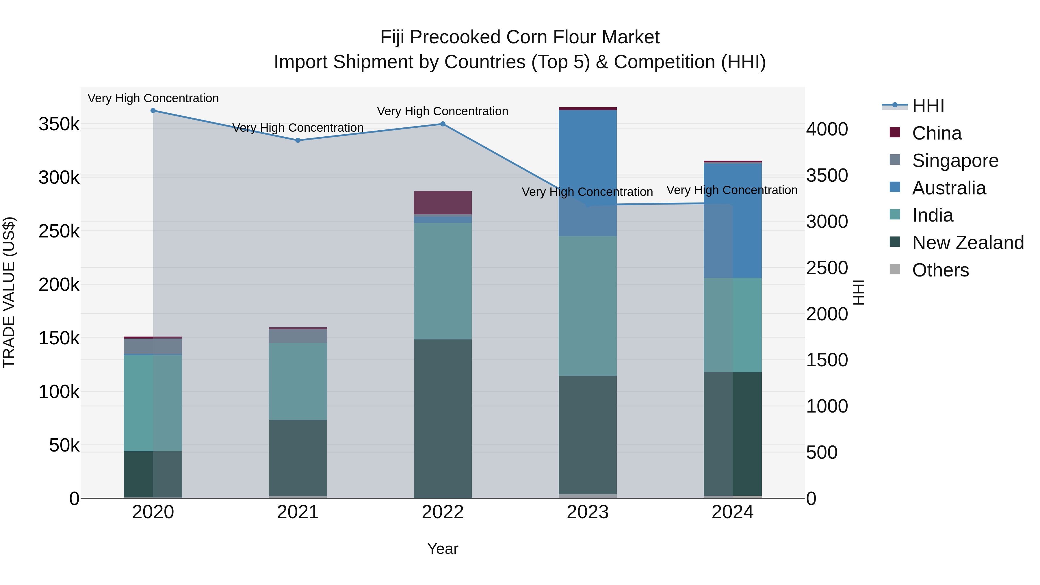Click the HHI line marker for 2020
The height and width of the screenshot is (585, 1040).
[x=153, y=111]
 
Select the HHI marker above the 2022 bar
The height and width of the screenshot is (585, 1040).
[x=443, y=124]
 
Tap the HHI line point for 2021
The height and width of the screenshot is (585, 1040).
[x=298, y=140]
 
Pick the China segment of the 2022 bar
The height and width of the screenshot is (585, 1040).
[x=443, y=203]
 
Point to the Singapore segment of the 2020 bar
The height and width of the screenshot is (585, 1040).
[x=153, y=346]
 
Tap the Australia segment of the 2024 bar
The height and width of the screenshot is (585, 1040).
[x=732, y=220]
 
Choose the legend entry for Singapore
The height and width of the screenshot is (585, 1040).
[x=955, y=161]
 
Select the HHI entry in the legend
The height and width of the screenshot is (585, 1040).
[x=928, y=106]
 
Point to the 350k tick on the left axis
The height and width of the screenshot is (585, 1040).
[x=59, y=124]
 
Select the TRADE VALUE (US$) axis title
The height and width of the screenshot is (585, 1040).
[x=9, y=292]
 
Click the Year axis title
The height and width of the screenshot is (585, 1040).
[x=443, y=549]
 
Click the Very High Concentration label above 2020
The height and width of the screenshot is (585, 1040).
[x=153, y=98]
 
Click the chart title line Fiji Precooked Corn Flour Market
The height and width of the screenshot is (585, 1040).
[x=520, y=37]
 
